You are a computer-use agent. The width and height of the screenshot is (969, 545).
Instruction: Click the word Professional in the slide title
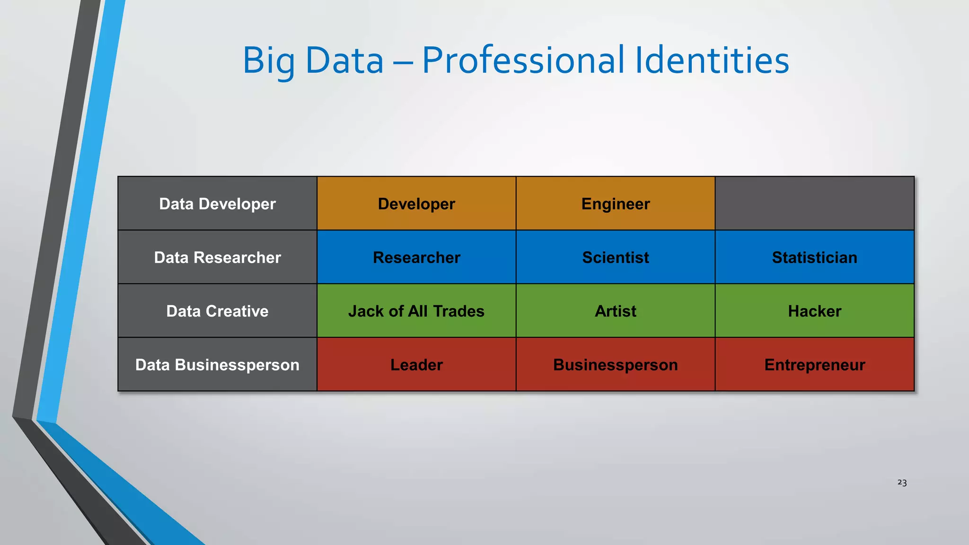click(523, 61)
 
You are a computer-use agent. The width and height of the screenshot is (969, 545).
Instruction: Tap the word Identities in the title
click(712, 61)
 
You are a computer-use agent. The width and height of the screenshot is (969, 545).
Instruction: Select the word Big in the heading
click(268, 61)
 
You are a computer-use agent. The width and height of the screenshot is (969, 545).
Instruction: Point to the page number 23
click(902, 483)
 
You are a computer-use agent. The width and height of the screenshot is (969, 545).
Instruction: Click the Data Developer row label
click(217, 204)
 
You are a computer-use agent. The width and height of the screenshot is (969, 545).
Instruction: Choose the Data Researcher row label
click(217, 257)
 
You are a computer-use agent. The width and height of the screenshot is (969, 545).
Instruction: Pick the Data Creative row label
click(217, 311)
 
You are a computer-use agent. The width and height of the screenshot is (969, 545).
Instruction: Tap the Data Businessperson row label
click(217, 365)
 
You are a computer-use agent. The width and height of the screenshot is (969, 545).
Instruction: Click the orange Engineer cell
click(615, 204)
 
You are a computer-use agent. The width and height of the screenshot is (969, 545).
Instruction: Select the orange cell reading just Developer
click(416, 204)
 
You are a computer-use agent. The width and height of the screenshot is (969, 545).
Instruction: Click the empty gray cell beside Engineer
click(814, 204)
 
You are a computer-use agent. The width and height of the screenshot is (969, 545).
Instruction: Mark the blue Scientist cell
click(615, 257)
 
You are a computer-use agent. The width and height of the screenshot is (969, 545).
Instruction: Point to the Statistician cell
click(814, 257)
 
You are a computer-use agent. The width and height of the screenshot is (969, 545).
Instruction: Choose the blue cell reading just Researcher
click(416, 257)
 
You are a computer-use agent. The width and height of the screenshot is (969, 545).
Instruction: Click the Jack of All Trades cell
click(416, 311)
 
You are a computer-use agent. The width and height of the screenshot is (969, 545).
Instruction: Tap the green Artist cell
click(615, 311)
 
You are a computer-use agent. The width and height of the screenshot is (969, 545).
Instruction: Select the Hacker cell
click(814, 311)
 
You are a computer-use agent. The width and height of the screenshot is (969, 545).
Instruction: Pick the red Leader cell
click(416, 365)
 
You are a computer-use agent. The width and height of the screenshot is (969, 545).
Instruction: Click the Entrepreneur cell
click(814, 365)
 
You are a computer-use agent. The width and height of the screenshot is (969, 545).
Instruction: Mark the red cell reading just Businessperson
click(615, 365)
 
